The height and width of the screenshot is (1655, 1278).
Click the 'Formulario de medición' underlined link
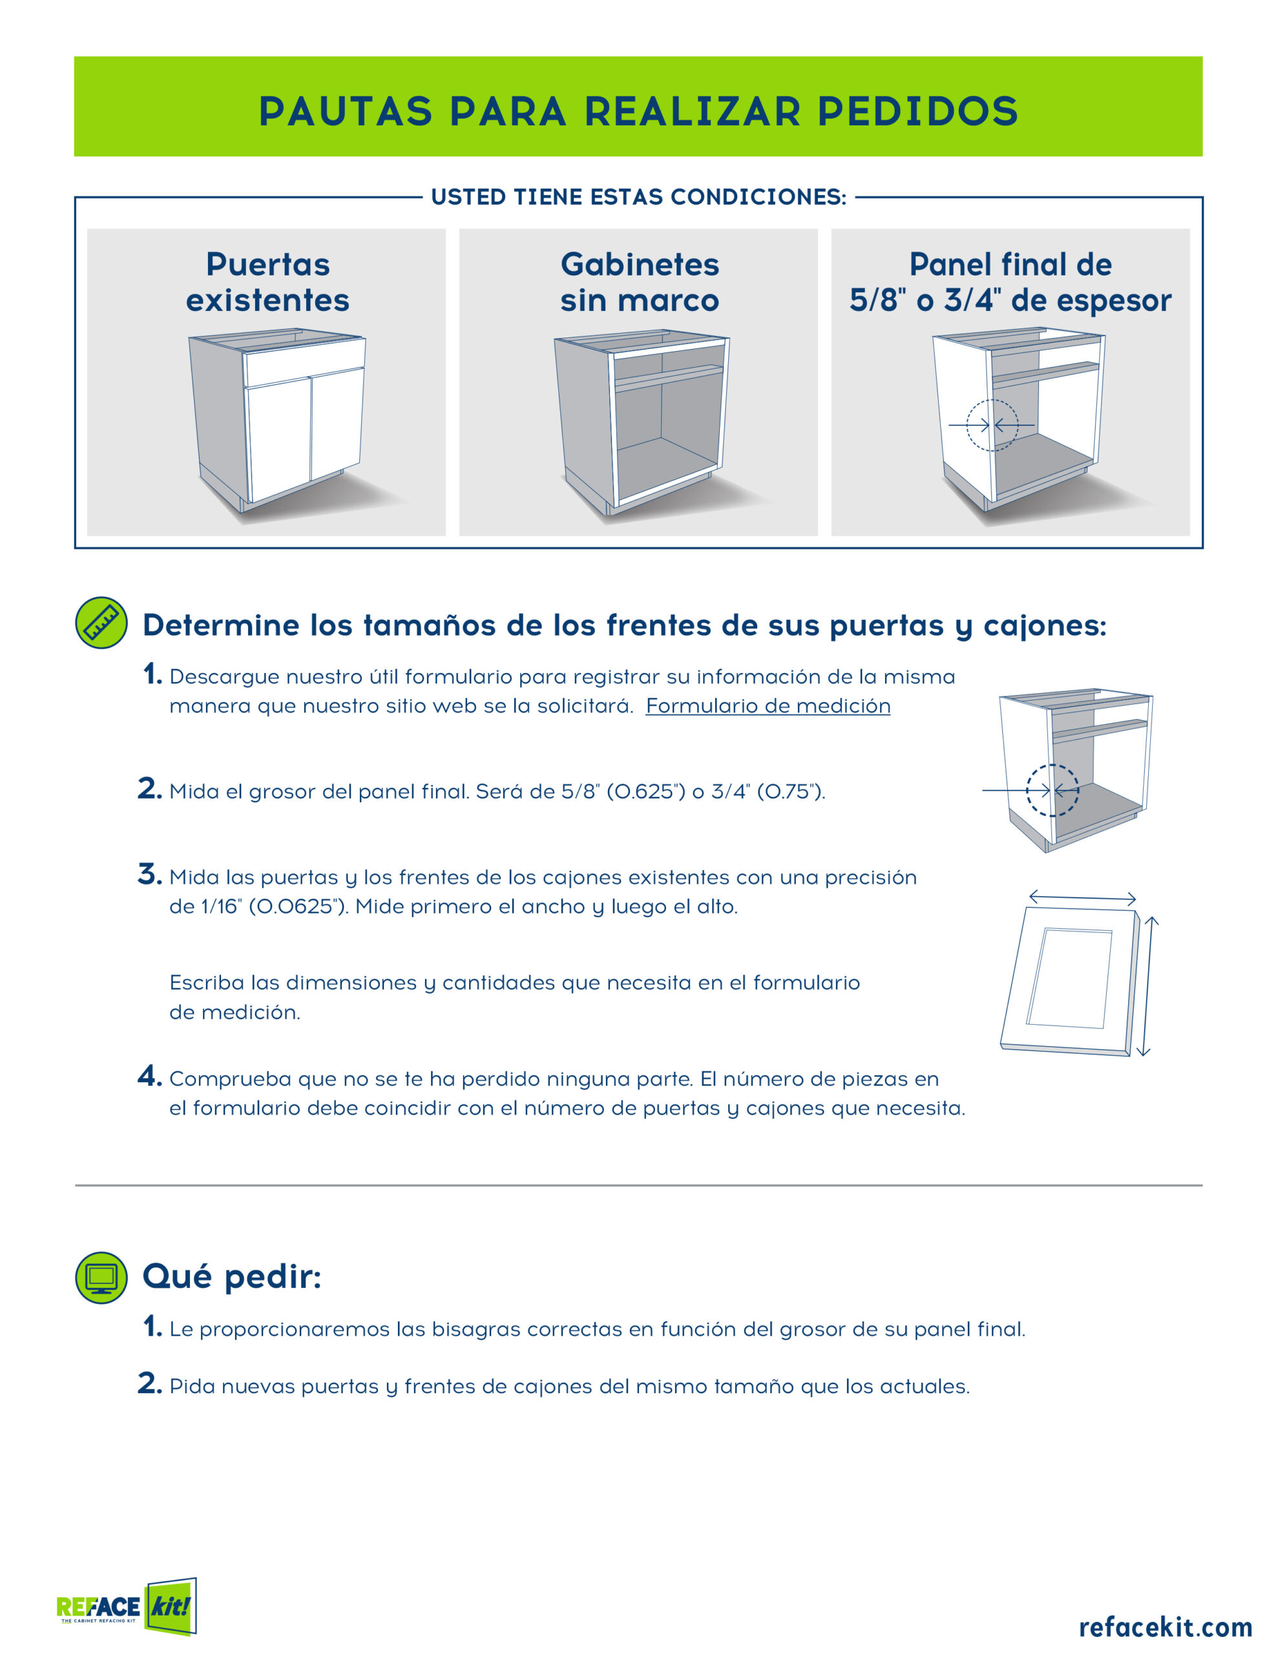768,706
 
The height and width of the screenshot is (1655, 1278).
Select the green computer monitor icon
101,1277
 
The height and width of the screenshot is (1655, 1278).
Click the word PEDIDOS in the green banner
917,111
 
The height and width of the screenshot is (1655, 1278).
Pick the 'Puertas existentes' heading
267,282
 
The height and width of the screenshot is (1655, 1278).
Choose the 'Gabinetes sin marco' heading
640,282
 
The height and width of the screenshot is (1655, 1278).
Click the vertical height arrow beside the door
1147,986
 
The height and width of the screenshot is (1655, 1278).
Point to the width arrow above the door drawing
1082,897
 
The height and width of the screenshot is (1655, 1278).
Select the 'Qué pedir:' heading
232,1276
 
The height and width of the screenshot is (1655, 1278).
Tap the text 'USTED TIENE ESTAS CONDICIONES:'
638,197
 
